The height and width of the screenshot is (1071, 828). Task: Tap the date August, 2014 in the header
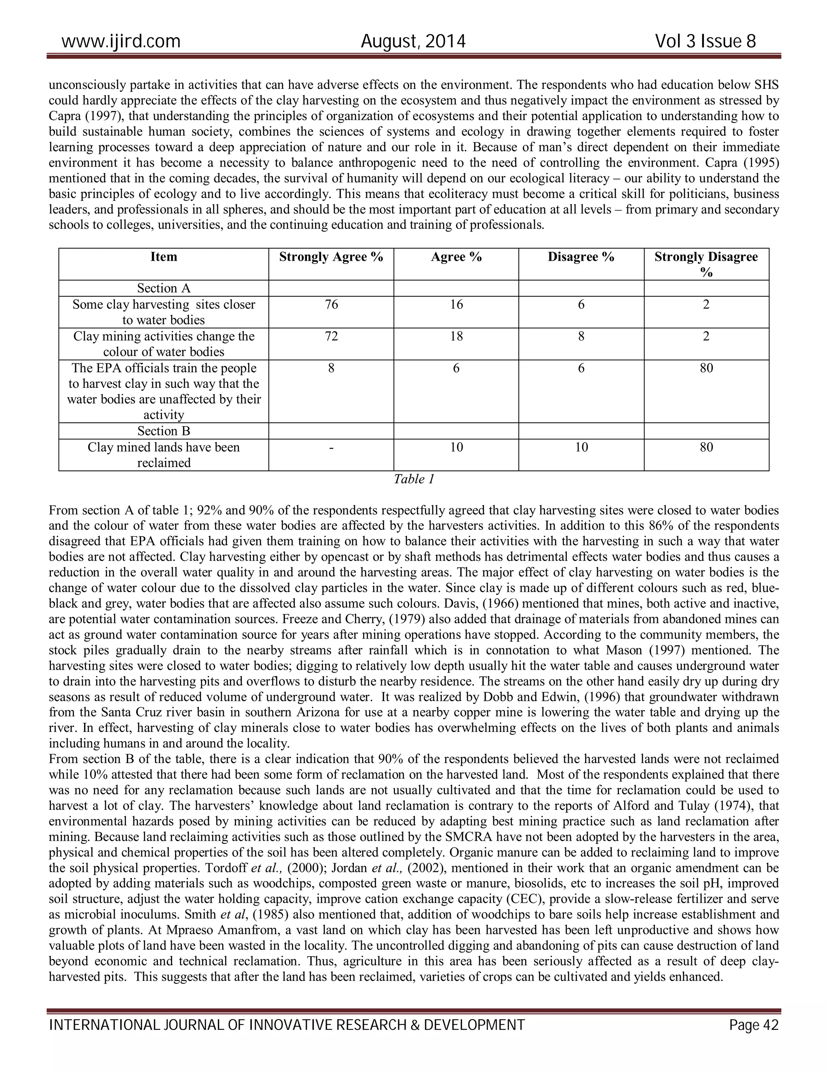click(413, 41)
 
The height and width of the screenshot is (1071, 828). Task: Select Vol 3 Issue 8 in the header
click(705, 41)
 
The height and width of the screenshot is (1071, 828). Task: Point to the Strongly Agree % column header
click(331, 257)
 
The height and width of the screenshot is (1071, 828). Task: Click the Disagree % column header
click(581, 257)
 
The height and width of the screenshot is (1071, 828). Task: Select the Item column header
click(163, 257)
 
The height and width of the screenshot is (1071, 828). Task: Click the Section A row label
click(163, 288)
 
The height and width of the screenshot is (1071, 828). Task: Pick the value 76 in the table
click(331, 305)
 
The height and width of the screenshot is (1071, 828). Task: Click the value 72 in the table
click(331, 336)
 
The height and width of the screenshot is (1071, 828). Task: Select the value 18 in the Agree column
click(456, 336)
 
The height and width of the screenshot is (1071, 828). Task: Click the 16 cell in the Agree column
click(456, 305)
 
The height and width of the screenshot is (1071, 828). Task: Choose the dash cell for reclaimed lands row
click(331, 447)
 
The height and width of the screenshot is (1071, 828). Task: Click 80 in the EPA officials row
click(706, 368)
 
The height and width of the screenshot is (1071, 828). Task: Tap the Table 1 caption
click(414, 479)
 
